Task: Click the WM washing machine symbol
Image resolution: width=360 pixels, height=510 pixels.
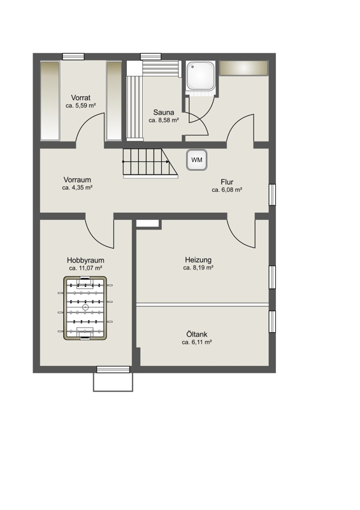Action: [x=197, y=160]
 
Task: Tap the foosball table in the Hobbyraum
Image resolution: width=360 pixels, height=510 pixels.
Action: [x=85, y=308]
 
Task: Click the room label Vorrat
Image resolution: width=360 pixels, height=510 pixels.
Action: [x=81, y=98]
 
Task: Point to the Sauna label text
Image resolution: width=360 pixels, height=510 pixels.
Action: [x=164, y=112]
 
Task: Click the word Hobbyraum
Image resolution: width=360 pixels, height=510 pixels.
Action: [x=85, y=260]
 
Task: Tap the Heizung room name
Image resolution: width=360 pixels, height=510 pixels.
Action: [x=198, y=260]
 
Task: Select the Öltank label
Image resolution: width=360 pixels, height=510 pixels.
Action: [x=197, y=334]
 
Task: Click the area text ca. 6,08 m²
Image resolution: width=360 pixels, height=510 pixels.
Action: [x=227, y=190]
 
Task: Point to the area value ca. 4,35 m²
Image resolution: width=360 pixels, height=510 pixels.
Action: [x=77, y=187]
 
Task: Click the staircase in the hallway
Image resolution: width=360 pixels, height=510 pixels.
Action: [x=150, y=163]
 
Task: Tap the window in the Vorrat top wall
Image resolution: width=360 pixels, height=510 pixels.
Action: [x=73, y=57]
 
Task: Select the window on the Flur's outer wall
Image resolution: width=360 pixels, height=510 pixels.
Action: [x=272, y=194]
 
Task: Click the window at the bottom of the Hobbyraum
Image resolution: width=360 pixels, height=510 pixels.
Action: [x=113, y=370]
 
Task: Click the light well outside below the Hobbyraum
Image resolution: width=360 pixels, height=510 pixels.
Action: [x=113, y=382]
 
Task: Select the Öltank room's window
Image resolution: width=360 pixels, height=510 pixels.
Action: [x=272, y=322]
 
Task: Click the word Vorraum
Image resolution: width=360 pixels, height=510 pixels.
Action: [x=77, y=180]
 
